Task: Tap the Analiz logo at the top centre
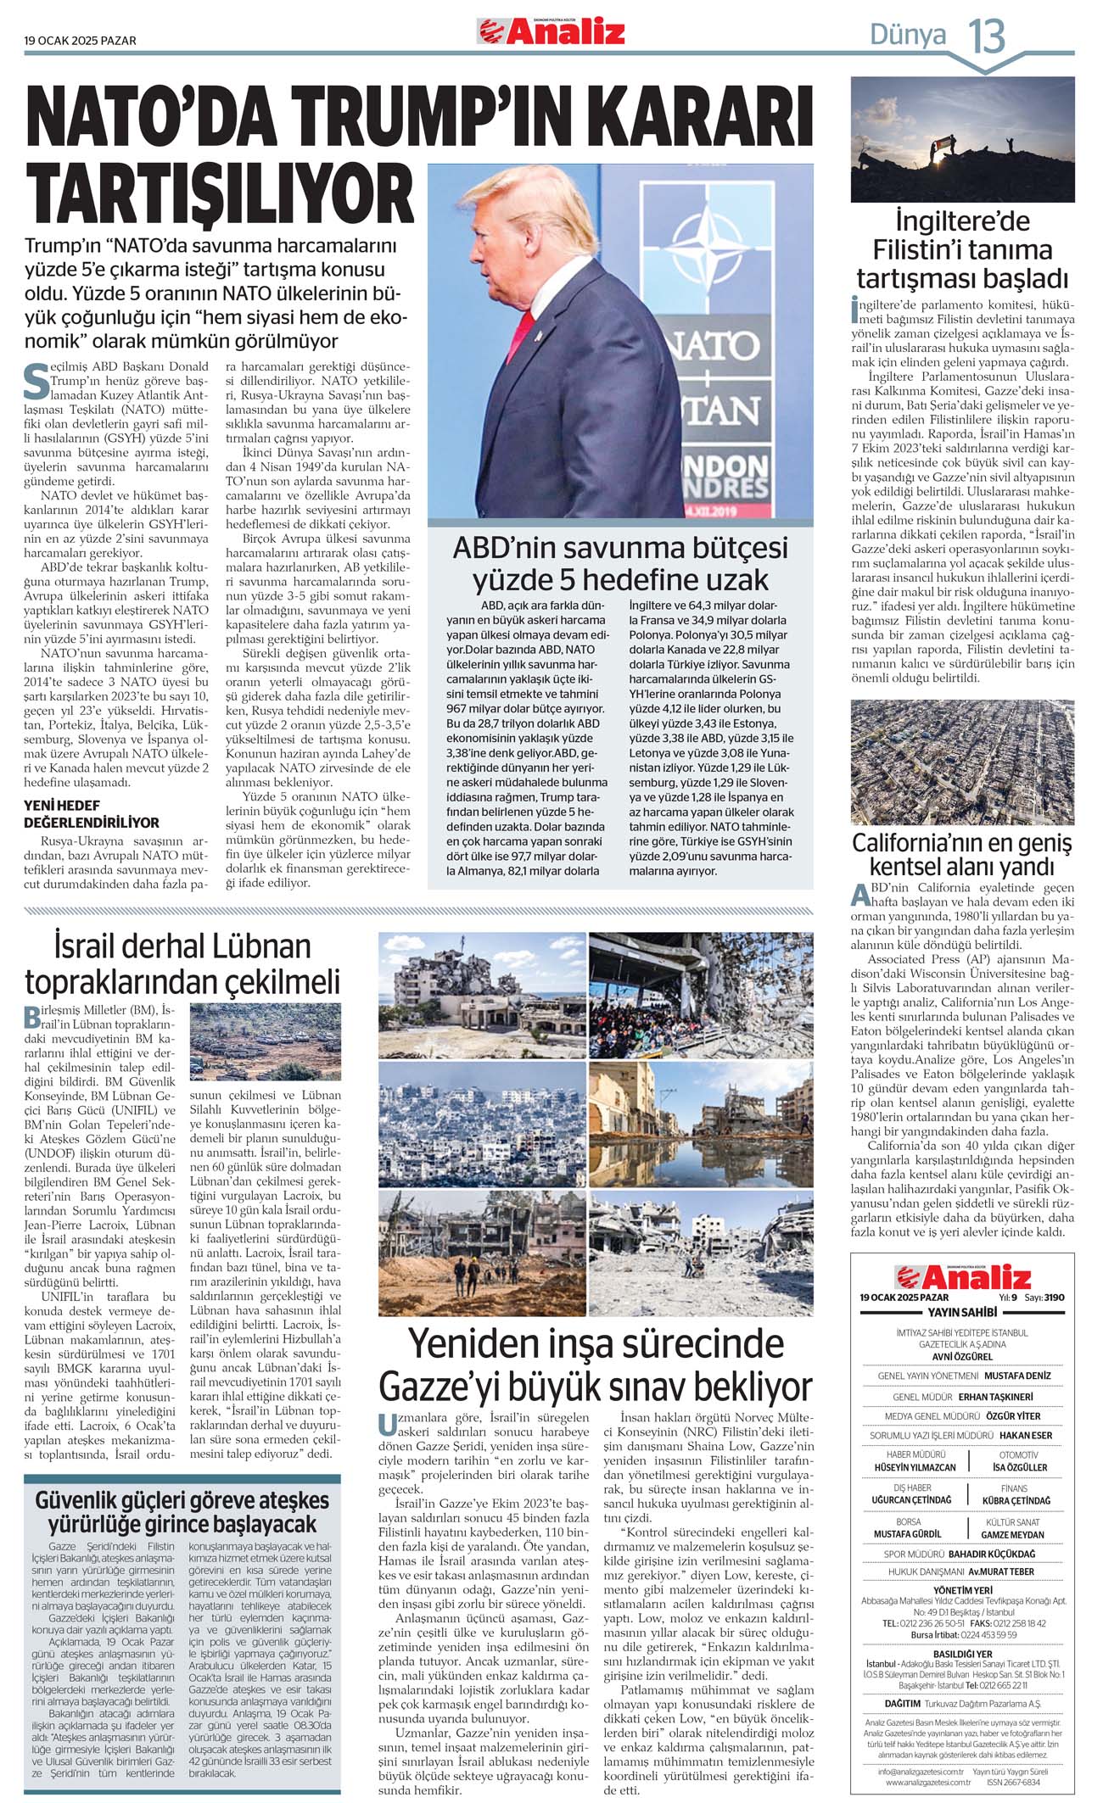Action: click(551, 32)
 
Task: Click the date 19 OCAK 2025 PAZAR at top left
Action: click(80, 41)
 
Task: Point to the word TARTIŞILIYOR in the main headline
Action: click(220, 194)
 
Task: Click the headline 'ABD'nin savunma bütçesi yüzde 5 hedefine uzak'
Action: click(620, 563)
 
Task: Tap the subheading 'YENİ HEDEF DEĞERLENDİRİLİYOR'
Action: click(92, 813)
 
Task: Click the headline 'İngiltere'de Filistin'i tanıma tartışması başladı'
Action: click(962, 249)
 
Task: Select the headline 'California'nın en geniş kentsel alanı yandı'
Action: click(962, 855)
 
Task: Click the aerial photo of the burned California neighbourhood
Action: click(962, 762)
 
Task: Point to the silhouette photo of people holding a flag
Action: click(962, 139)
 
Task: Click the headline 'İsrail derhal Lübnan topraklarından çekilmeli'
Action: click(182, 963)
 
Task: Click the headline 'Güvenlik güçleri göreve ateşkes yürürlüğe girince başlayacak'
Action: click(182, 1511)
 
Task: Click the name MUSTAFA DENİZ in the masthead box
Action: click(1017, 1376)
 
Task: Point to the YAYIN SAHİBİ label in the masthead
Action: click(962, 1312)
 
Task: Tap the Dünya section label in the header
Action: click(907, 36)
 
